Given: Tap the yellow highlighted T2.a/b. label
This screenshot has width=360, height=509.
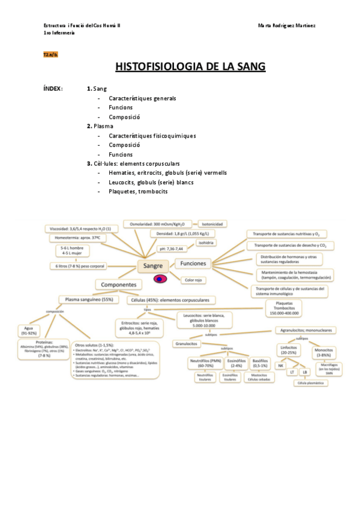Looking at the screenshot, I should [50, 54].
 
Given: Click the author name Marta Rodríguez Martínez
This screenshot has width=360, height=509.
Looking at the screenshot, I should [287, 25].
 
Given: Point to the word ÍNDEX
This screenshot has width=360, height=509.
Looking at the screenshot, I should [53, 89].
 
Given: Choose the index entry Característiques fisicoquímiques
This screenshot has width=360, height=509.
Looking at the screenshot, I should [152, 136].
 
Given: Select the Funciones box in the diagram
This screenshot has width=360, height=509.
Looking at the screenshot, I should [193, 264].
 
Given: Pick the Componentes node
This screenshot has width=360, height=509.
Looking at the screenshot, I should [118, 285].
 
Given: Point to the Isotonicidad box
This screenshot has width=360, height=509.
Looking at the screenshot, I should [212, 224].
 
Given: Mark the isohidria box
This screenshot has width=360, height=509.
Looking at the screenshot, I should [203, 242].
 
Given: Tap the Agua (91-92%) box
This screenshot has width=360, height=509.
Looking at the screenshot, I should [29, 330].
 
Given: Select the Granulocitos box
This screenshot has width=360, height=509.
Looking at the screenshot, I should [186, 344].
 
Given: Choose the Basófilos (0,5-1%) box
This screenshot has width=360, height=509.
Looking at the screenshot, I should [260, 363].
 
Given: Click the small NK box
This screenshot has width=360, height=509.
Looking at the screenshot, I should [280, 365].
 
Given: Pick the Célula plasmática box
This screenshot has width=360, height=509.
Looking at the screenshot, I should [311, 382].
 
